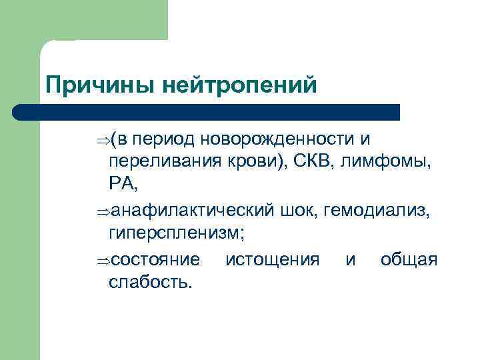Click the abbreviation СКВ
[311, 162]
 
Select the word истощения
[273, 259]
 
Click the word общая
[409, 258]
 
